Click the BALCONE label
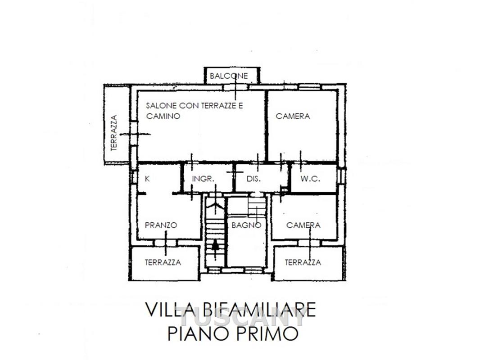click(229, 76)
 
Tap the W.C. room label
click(310, 179)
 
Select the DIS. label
click(254, 179)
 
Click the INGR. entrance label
click(203, 179)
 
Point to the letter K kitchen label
click(148, 179)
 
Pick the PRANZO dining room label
click(161, 225)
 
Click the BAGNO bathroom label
click(246, 225)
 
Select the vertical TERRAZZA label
click(114, 133)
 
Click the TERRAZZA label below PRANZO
click(163, 262)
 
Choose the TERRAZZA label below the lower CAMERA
click(303, 262)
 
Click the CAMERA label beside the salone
click(293, 116)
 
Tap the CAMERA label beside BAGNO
click(303, 225)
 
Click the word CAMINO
click(163, 116)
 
